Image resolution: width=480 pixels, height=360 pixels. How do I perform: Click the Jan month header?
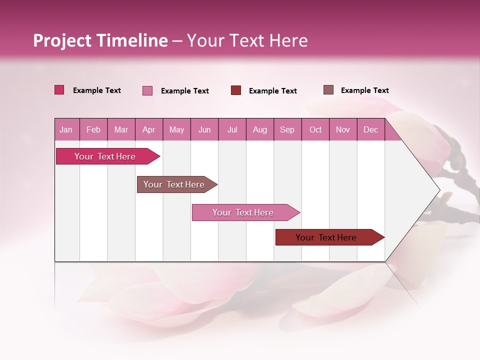pyautogui.click(x=66, y=129)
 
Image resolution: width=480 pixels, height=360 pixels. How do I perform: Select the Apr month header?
pyautogui.click(x=148, y=129)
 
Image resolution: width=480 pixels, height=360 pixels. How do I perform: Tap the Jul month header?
pyautogui.click(x=232, y=129)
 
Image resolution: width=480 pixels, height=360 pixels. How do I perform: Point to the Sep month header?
pyautogui.click(x=287, y=129)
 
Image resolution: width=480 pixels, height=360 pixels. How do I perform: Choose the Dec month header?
pyautogui.click(x=370, y=129)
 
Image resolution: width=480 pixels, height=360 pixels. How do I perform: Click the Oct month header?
pyautogui.click(x=315, y=129)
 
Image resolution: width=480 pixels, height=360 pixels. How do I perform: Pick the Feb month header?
pyautogui.click(x=93, y=129)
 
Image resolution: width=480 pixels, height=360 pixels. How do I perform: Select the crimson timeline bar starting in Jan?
pyautogui.click(x=105, y=156)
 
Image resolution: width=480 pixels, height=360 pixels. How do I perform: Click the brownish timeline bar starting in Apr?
pyautogui.click(x=174, y=184)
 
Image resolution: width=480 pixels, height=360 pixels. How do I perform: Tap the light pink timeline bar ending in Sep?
pyautogui.click(x=243, y=212)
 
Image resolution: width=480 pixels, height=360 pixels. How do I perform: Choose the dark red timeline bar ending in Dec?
pyautogui.click(x=326, y=237)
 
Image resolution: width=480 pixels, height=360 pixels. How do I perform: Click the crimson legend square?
pyautogui.click(x=59, y=90)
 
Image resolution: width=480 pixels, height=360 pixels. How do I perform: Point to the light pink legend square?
pyautogui.click(x=147, y=90)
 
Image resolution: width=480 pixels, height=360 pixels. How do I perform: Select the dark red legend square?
pyautogui.click(x=236, y=90)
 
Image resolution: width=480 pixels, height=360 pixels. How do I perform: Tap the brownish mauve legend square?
pyautogui.click(x=328, y=90)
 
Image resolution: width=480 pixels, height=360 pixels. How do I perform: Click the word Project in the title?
pyautogui.click(x=61, y=40)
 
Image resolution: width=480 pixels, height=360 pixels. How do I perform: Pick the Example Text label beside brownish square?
pyautogui.click(x=364, y=90)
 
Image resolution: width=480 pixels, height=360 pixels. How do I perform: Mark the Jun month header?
pyautogui.click(x=204, y=129)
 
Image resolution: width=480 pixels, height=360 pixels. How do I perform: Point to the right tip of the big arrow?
pyautogui.click(x=439, y=190)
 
